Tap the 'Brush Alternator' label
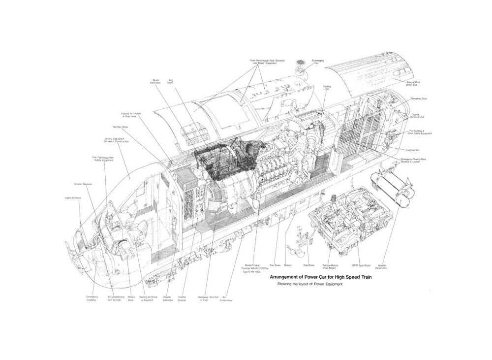pyautogui.click(x=155, y=81)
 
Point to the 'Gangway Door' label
pyautogui.click(x=419, y=98)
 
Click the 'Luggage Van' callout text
pyautogui.click(x=412, y=150)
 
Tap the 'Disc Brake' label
pyautogui.click(x=308, y=264)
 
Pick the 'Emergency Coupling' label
pyautogui.click(x=92, y=298)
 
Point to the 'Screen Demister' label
pyautogui.click(x=83, y=184)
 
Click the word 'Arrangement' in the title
pyautogui.click(x=289, y=278)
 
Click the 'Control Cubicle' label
pyautogui.click(x=182, y=298)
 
